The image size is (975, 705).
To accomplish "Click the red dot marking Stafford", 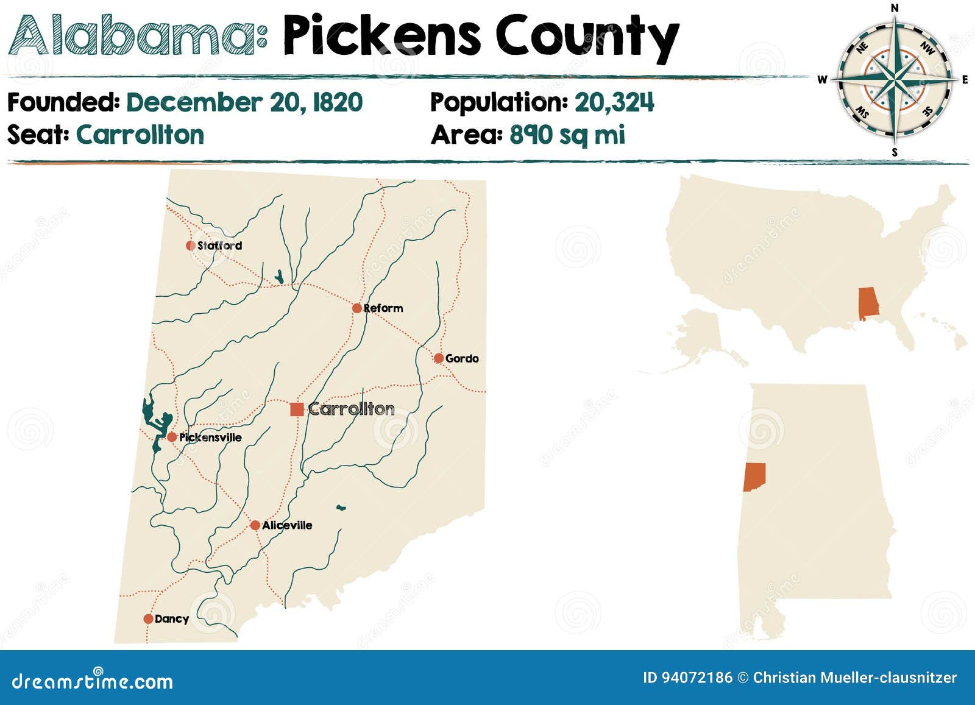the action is point(191,246).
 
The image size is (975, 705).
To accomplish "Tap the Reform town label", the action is point(383,308).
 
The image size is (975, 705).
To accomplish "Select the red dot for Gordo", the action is point(439,358).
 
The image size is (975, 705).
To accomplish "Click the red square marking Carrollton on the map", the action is point(297,409).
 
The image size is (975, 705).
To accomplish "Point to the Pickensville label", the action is point(210,438).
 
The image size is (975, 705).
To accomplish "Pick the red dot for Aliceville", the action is point(255,525).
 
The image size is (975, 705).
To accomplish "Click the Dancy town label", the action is point(172,619).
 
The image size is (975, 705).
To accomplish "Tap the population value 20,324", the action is point(614,102).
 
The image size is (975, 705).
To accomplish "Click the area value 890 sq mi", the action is point(567,135).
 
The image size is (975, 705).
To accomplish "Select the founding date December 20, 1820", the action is point(244,102).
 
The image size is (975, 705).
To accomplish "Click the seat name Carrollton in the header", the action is point(140,135).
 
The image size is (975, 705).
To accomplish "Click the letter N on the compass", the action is point(895,8).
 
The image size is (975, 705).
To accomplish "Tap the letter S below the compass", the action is point(895,152).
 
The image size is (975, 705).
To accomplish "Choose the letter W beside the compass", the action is point(822,80).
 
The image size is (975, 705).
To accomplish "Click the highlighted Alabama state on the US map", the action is point(868,303).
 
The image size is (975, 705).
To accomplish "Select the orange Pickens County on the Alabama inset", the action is point(754,477).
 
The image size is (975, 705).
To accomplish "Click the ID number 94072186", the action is point(687,678).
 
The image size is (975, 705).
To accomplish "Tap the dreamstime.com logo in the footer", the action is point(93,680).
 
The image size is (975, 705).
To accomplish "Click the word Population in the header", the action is point(498,102).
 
